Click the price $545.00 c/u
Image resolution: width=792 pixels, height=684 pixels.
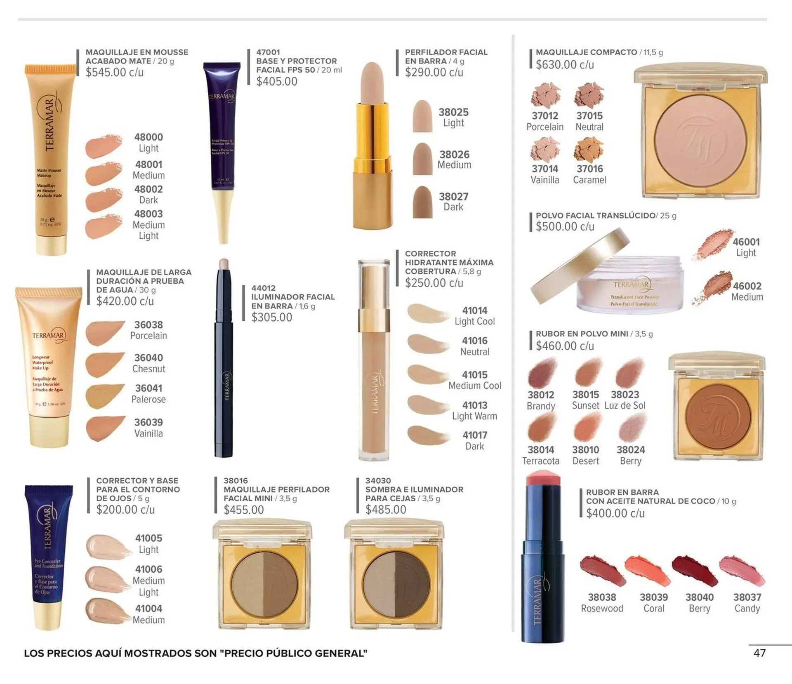[114, 73]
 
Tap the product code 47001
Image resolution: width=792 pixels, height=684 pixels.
[268, 52]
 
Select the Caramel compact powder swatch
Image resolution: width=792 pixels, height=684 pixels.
[588, 150]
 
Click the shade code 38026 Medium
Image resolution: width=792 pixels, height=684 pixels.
[454, 160]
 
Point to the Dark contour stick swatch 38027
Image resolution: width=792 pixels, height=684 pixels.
[422, 202]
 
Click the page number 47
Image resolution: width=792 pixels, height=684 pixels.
[759, 653]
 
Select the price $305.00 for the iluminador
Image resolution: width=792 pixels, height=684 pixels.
[271, 317]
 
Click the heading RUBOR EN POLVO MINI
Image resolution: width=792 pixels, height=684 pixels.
[582, 334]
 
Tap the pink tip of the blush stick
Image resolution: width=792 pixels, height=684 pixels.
[543, 478]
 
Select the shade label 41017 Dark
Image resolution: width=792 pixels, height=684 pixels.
[474, 441]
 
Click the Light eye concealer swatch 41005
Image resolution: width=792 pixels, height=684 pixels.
[106, 546]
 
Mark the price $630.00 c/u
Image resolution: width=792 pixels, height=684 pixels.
[564, 65]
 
